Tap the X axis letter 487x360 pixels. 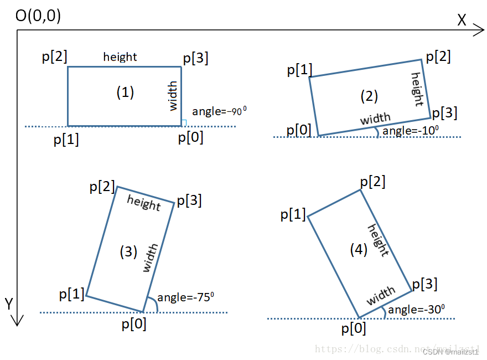tap(463, 20)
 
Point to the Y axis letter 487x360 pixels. tap(9, 303)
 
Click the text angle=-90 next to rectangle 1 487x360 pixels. tap(219, 111)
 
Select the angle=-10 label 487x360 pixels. tap(410, 131)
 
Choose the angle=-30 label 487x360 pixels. tap(416, 310)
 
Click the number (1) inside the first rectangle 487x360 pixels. tap(125, 92)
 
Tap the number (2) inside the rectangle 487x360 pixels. tap(369, 96)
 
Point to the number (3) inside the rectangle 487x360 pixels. tap(128, 251)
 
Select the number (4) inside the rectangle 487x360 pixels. tap(359, 250)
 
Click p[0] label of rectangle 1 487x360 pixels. tap(190, 137)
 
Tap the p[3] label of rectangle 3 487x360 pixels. tap(189, 201)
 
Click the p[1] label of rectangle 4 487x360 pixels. tap(293, 214)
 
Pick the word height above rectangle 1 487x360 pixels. tap(120, 56)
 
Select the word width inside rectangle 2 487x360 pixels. tap(375, 119)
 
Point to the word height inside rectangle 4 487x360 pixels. tap(379, 240)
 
